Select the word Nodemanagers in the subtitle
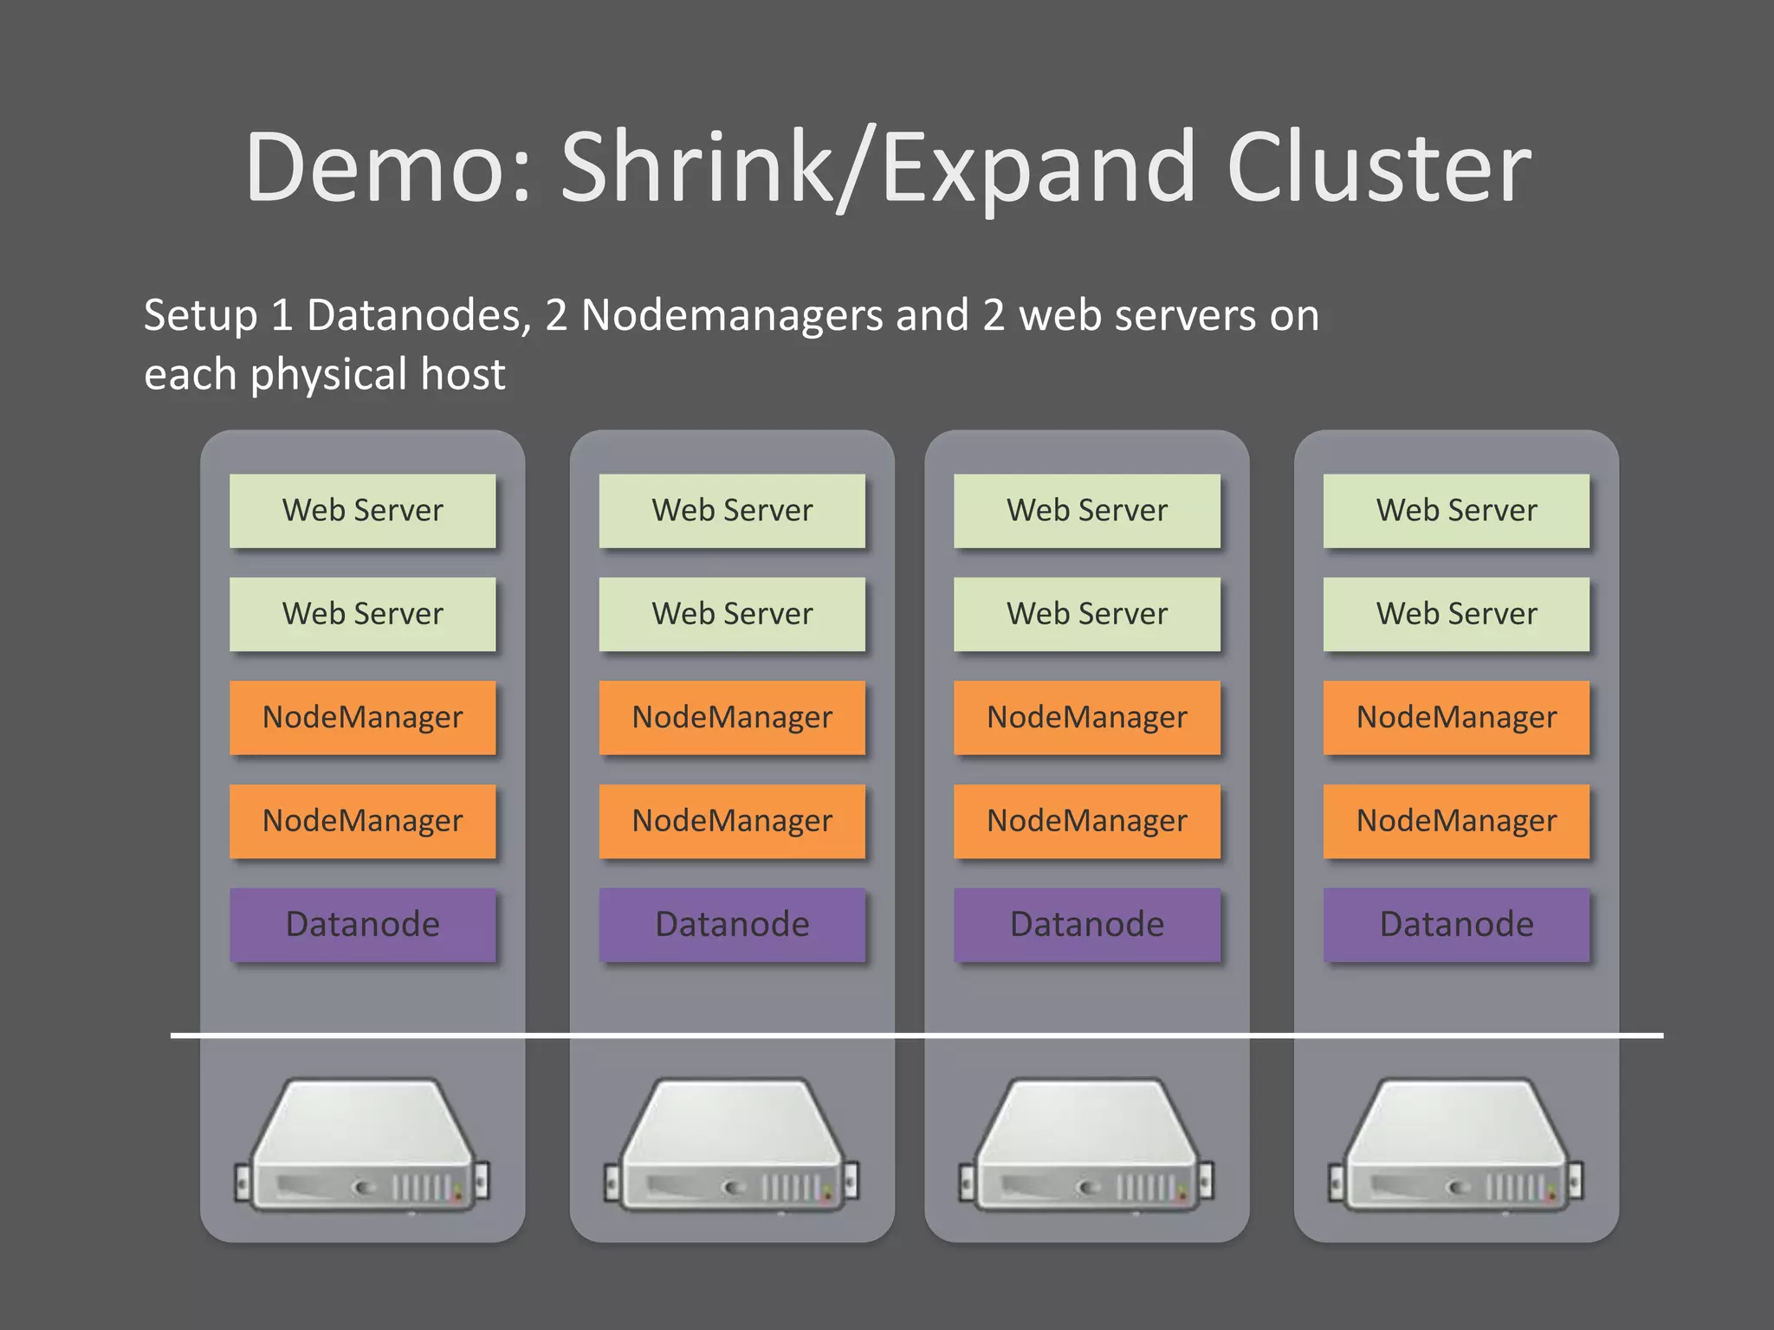click(731, 315)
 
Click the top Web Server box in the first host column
click(362, 510)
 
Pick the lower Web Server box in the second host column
click(732, 614)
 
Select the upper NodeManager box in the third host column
click(1086, 717)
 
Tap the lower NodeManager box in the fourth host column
click(1456, 821)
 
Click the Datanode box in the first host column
click(362, 924)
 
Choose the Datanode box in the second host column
click(732, 924)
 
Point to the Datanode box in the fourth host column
click(1456, 924)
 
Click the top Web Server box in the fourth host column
click(1456, 510)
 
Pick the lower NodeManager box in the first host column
click(362, 821)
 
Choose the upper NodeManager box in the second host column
click(732, 717)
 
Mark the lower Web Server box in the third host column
click(1086, 614)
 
